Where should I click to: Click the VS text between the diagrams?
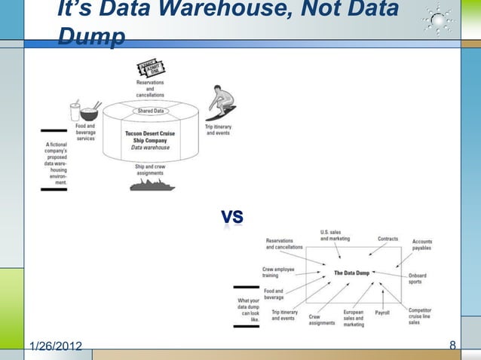pyautogui.click(x=232, y=217)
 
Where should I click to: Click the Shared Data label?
pyautogui.click(x=150, y=111)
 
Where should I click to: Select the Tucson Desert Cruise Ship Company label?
pyautogui.click(x=150, y=139)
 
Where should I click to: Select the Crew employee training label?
pyautogui.click(x=279, y=272)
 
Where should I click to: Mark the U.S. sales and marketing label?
pyautogui.click(x=335, y=235)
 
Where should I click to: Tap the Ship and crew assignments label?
pyautogui.click(x=150, y=169)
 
